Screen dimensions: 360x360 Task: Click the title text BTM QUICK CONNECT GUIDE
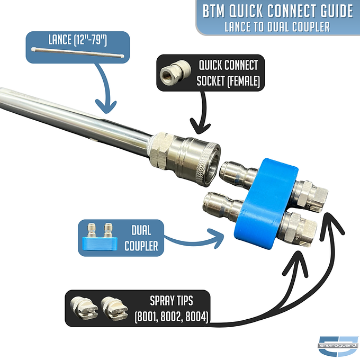click(278, 11)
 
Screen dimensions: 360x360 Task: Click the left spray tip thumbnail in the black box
click(86, 308)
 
